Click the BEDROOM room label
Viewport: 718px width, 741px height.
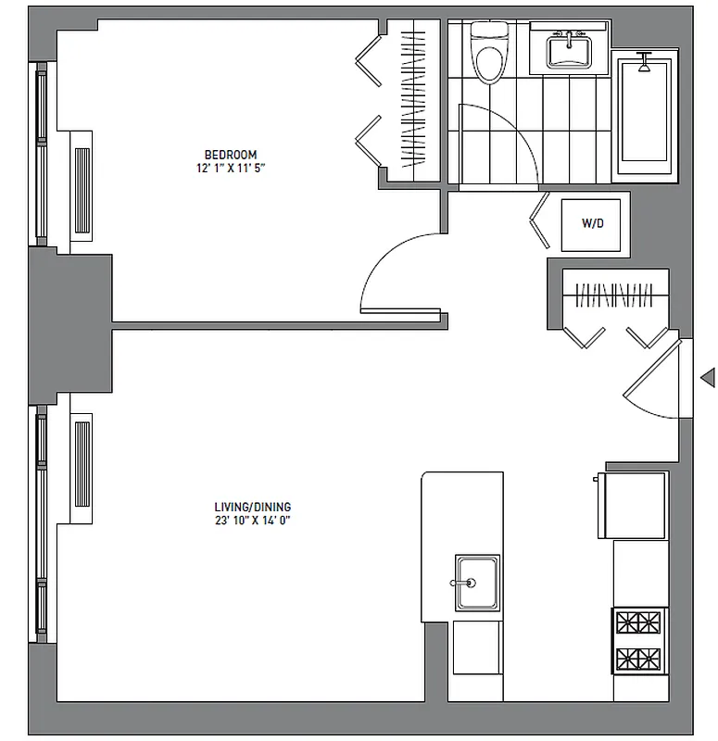click(x=231, y=154)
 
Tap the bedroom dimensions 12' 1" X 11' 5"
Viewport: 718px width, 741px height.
click(x=231, y=168)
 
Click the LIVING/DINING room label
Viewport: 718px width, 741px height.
click(x=252, y=507)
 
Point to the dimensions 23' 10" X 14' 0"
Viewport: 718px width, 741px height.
click(x=252, y=521)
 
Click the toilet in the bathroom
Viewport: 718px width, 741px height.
click(x=485, y=51)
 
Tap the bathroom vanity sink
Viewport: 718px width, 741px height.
click(x=567, y=49)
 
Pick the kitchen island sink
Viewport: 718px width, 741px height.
click(x=476, y=583)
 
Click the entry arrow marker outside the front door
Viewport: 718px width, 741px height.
click(x=708, y=377)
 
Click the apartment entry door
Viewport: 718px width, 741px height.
click(x=658, y=380)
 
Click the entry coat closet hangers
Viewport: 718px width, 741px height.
click(x=615, y=295)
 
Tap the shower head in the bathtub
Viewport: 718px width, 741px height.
click(x=645, y=64)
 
